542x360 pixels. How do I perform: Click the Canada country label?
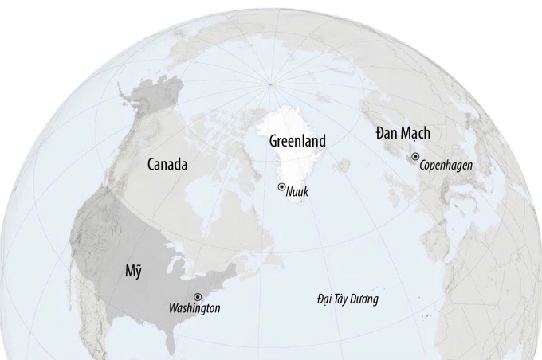pyautogui.click(x=167, y=165)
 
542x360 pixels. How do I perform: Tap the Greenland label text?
pyautogui.click(x=297, y=141)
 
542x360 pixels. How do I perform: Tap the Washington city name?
pyautogui.click(x=194, y=307)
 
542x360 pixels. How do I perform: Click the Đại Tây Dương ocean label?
pyautogui.click(x=347, y=299)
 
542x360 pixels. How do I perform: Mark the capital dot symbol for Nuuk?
pyautogui.click(x=281, y=186)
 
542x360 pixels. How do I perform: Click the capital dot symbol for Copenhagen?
pyautogui.click(x=414, y=157)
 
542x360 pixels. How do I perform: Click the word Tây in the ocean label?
pyautogui.click(x=344, y=299)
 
